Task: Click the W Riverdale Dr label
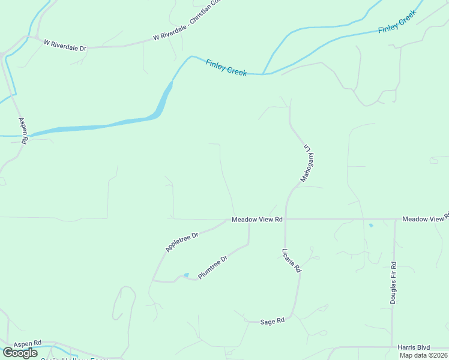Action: point(65,44)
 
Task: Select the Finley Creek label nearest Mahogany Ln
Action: point(226,67)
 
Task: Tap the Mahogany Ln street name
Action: point(309,163)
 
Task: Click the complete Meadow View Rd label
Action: point(257,220)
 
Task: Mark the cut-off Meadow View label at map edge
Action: point(425,219)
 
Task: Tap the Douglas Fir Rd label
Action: point(393,283)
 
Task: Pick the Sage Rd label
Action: point(272,322)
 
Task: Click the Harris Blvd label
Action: point(414,347)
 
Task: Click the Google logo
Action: point(19,353)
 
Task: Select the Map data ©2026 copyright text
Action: point(423,355)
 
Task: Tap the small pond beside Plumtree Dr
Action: point(186,275)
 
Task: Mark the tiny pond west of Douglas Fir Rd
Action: point(370,226)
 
